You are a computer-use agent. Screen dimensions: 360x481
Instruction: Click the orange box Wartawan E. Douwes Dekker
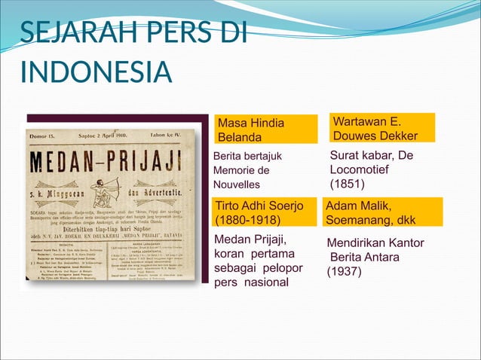(380, 128)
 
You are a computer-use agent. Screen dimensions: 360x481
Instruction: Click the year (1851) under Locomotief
(348, 184)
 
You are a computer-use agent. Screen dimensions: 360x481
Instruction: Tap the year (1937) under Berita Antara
(344, 272)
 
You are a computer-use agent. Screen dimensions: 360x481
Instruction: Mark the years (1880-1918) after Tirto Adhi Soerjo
(248, 221)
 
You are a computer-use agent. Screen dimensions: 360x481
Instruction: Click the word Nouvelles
(236, 185)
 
